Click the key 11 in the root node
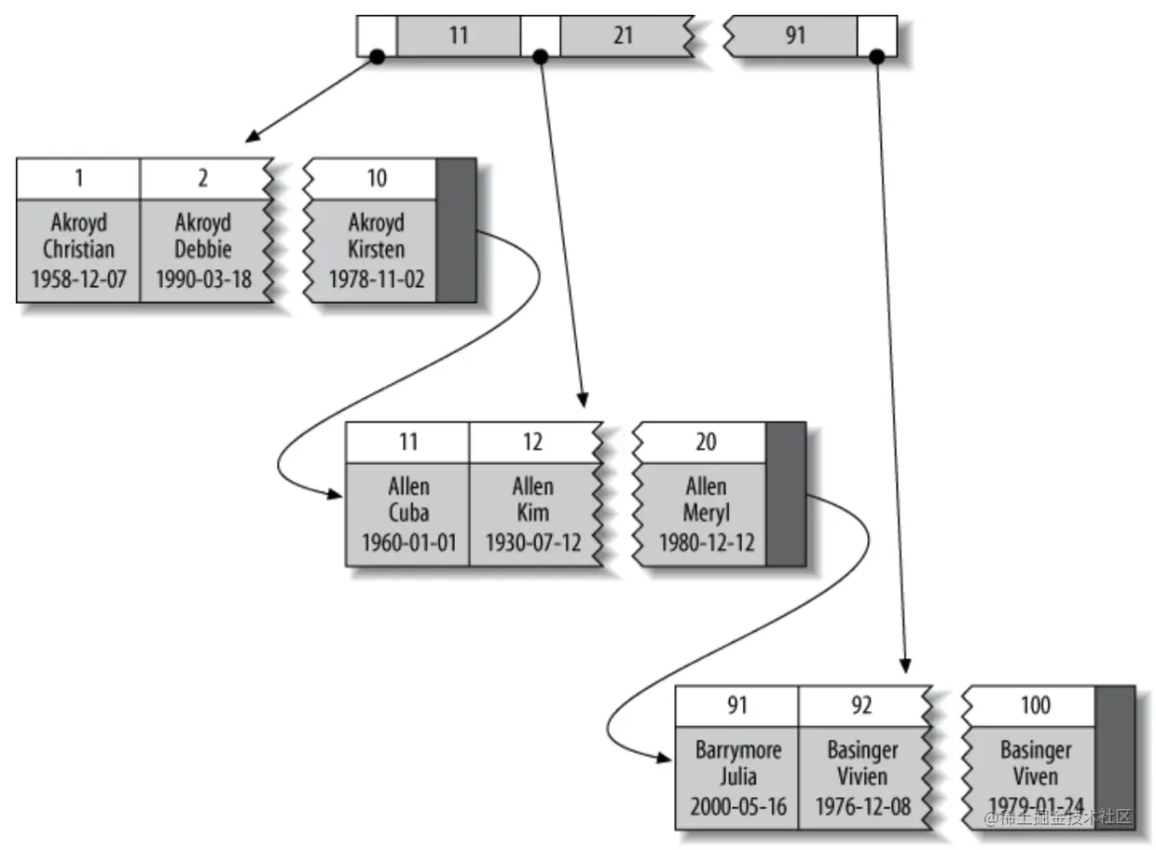(459, 35)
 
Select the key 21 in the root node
(623, 35)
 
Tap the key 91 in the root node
(794, 35)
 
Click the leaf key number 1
(79, 178)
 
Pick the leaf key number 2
(203, 178)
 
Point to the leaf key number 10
(377, 178)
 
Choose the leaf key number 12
(532, 442)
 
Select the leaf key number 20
(706, 442)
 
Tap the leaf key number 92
(861, 706)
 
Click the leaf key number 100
(1036, 706)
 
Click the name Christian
(78, 249)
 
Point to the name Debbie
(203, 249)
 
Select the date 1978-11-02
(377, 280)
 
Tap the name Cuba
(408, 513)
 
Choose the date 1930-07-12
(533, 543)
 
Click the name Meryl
(707, 513)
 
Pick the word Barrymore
(738, 750)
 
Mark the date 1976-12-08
(863, 806)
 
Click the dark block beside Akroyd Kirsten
(456, 230)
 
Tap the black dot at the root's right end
(877, 56)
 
